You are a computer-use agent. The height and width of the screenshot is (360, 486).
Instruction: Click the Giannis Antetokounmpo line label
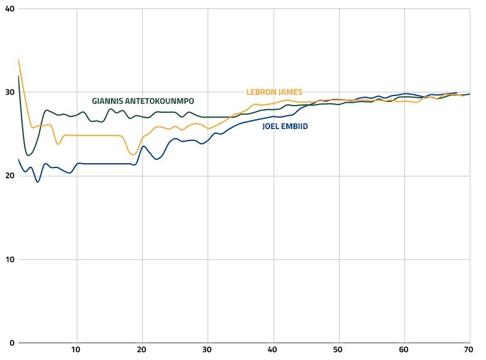143,101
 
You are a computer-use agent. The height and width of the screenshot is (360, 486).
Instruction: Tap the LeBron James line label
274,92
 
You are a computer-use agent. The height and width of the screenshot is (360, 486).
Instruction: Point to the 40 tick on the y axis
10,9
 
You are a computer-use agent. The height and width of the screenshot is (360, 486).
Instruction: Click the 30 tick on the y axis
10,92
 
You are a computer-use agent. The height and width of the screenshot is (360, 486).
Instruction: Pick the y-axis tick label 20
10,176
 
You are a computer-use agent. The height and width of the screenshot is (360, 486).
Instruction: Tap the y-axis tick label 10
10,259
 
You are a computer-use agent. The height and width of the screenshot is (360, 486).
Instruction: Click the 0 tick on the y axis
12,343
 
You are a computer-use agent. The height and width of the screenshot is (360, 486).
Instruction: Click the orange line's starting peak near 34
19,59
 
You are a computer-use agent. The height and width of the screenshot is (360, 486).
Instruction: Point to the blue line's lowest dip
38,182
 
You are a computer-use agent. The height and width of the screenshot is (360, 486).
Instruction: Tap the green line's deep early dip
28,155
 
